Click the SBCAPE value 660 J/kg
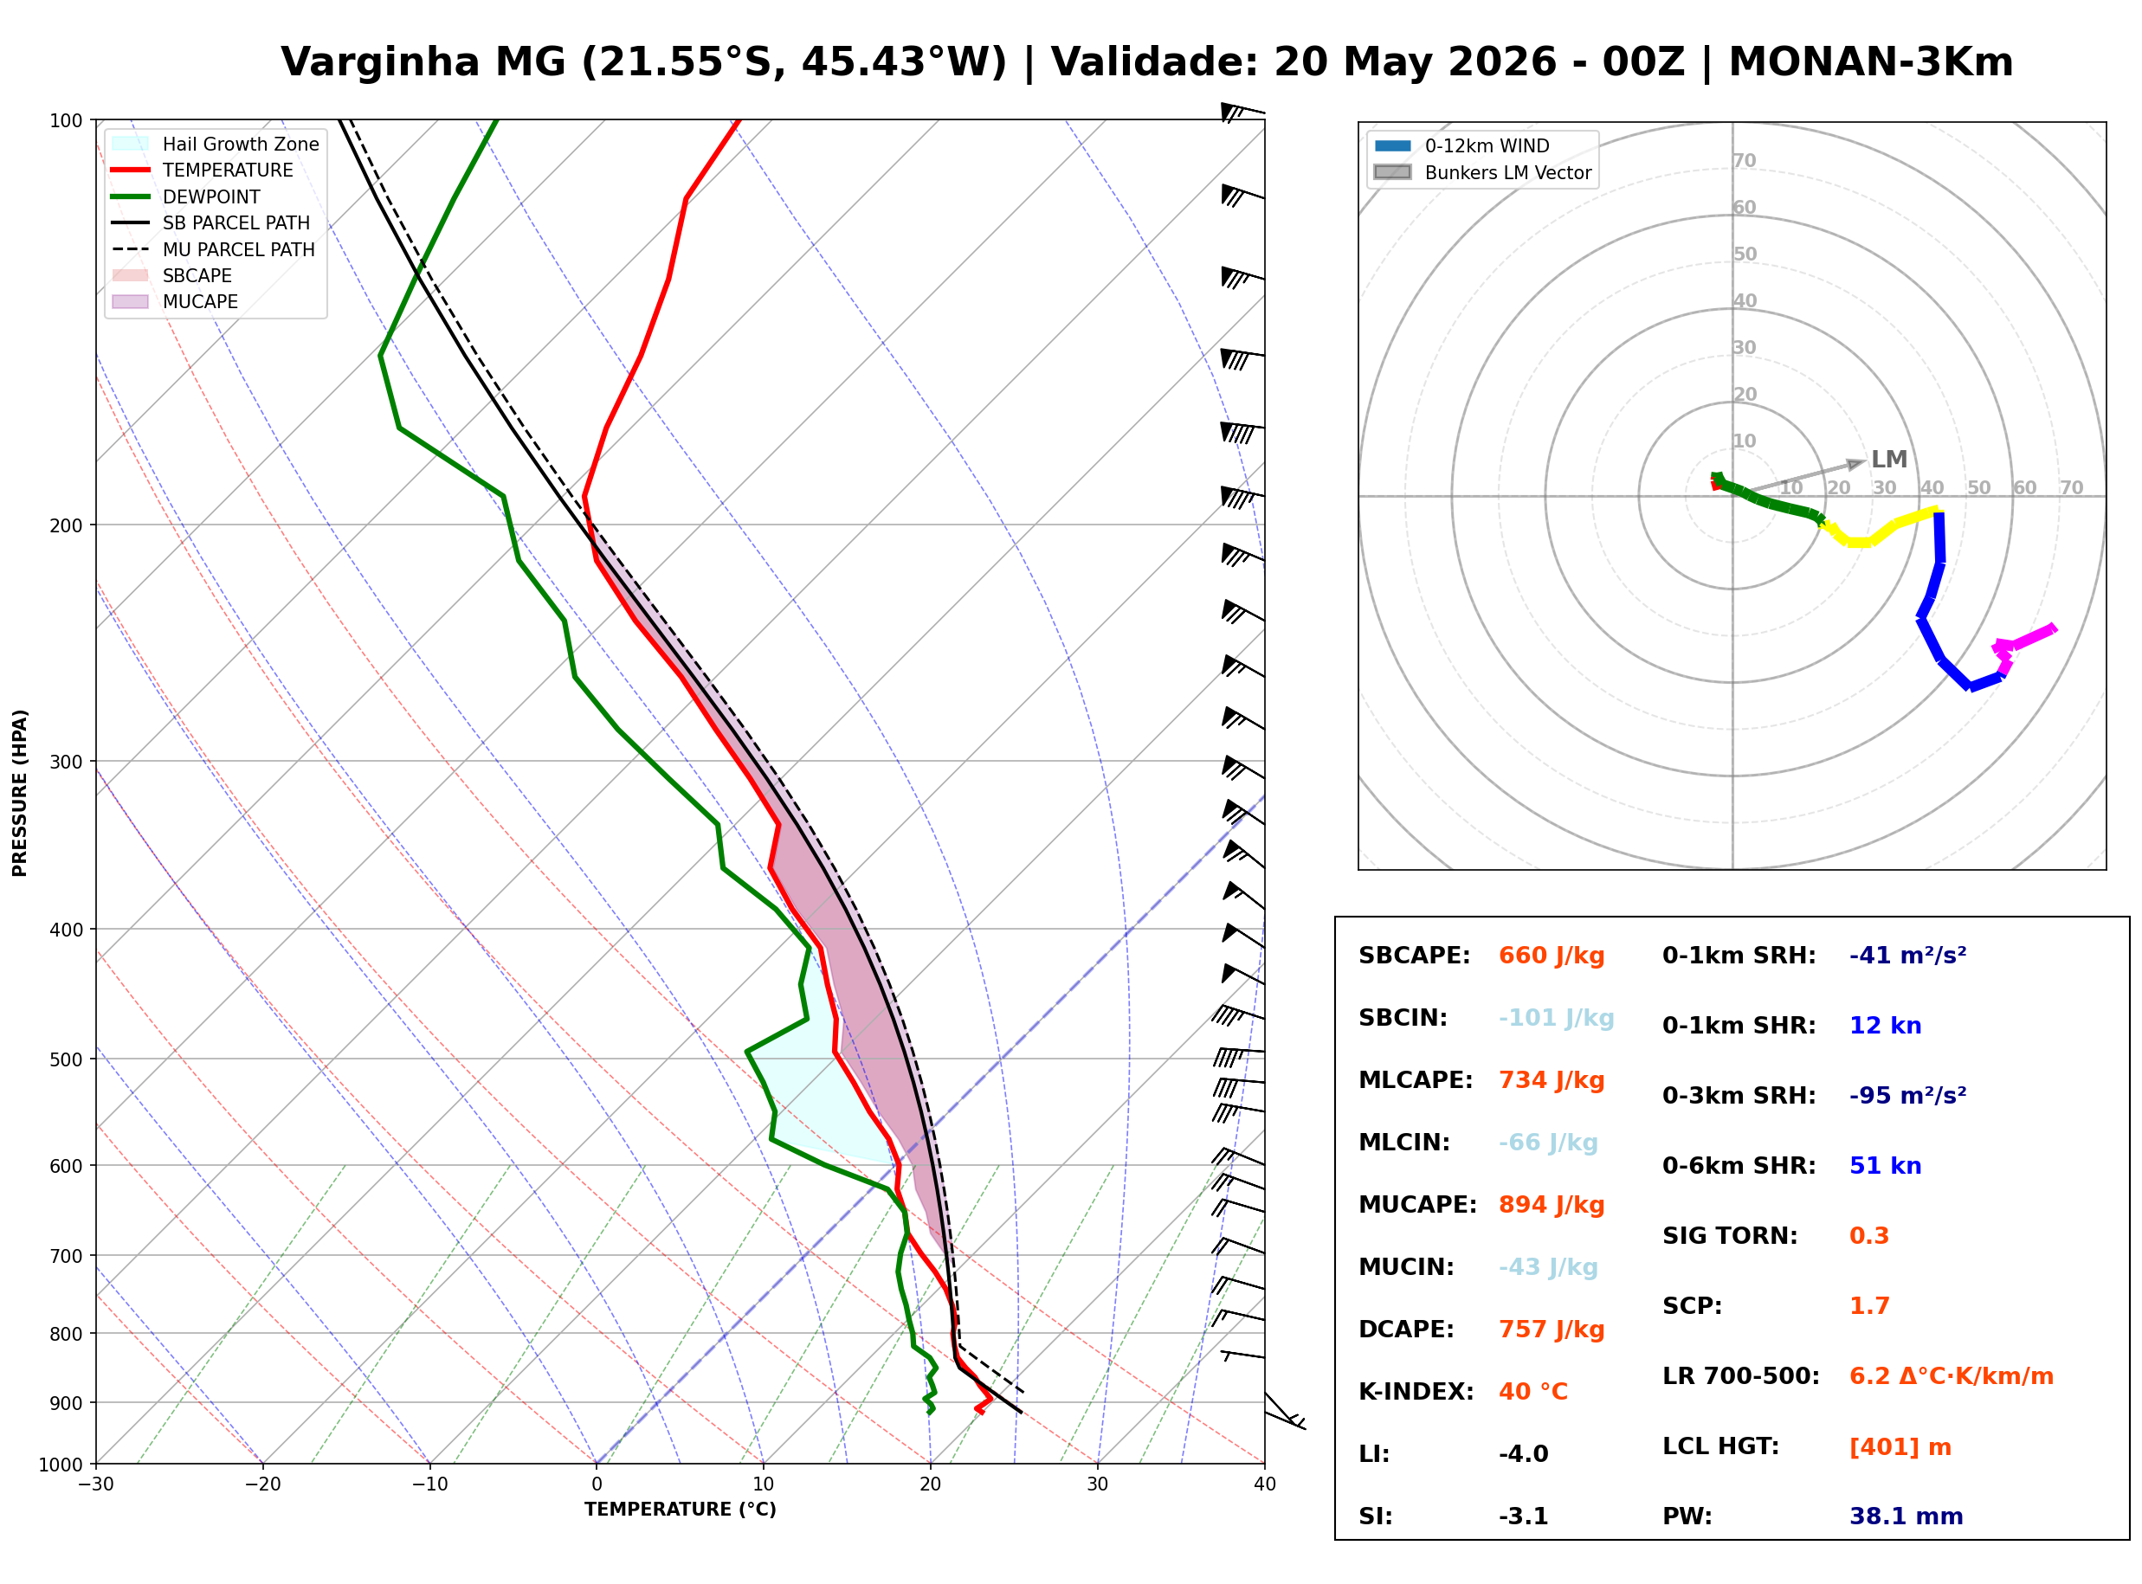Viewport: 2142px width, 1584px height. point(1552,956)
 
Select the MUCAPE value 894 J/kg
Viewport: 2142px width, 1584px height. point(1552,1205)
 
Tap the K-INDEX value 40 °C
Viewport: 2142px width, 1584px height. point(1533,1392)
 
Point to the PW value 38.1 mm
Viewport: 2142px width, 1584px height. point(1907,1516)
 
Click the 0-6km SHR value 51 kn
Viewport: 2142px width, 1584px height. point(1885,1166)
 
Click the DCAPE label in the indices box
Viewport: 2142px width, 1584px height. point(1405,1330)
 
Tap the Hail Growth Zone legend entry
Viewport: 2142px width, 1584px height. point(216,144)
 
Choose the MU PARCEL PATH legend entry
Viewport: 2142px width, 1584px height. point(214,249)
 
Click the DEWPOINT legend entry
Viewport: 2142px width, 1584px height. point(186,196)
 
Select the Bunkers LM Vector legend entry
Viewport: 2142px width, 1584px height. point(1482,172)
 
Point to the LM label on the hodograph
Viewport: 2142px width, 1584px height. point(1889,460)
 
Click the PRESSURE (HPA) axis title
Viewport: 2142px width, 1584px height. point(20,793)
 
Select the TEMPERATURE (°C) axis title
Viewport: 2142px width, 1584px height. point(680,1510)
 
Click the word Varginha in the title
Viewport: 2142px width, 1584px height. point(380,62)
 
